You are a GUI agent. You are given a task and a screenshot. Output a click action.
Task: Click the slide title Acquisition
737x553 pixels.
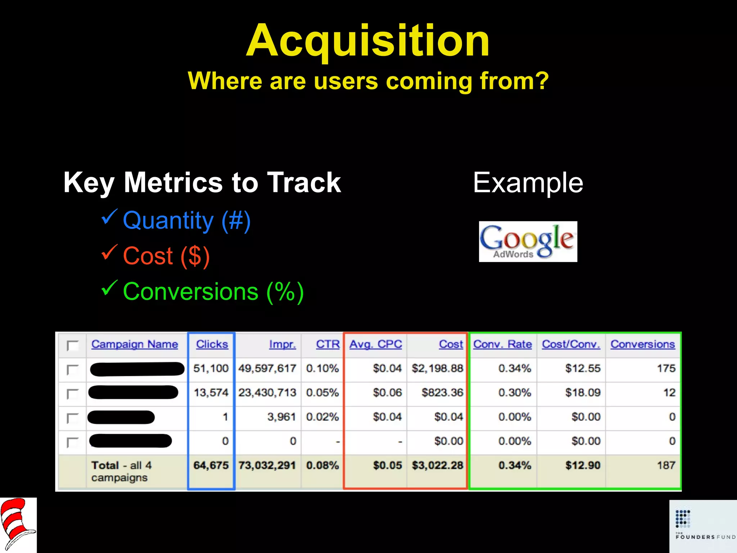click(368, 40)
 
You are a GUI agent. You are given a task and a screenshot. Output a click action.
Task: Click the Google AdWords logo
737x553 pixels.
click(528, 242)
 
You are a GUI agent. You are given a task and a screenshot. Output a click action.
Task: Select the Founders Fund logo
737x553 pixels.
click(703, 526)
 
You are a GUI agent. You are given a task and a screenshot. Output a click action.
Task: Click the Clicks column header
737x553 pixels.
click(212, 344)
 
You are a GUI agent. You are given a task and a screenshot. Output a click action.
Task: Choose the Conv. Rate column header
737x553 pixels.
click(502, 344)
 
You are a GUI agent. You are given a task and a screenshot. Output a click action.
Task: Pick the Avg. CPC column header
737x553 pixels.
click(376, 344)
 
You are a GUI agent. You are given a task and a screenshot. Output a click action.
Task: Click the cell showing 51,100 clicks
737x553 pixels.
click(211, 368)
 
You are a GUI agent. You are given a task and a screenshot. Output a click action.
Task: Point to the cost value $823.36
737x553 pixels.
click(442, 392)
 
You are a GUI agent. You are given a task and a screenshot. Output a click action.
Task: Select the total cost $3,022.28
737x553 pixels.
click(437, 465)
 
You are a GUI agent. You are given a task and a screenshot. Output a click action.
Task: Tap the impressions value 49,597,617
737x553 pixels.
click(267, 368)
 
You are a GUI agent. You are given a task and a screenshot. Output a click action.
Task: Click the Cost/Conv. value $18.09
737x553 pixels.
click(583, 392)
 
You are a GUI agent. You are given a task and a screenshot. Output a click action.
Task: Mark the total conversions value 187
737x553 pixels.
click(666, 465)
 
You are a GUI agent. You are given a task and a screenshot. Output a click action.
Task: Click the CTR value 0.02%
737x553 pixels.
click(322, 417)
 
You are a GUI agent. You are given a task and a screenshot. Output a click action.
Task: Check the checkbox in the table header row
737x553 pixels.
click(73, 346)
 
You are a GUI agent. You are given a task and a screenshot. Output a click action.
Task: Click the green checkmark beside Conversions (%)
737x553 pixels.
click(109, 288)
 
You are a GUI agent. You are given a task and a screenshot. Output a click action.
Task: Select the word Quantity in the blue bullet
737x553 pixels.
click(168, 220)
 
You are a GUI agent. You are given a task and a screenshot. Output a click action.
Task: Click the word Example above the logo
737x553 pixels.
click(528, 183)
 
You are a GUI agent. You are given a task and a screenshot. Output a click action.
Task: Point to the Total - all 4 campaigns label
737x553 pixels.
click(121, 471)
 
